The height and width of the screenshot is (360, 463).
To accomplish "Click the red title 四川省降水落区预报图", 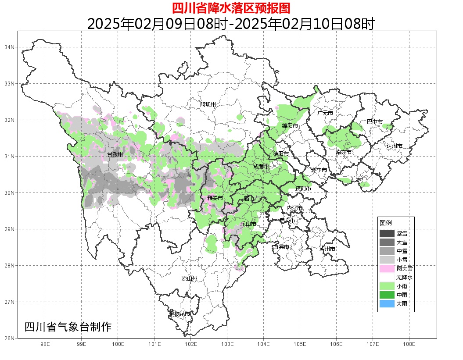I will point(231,8).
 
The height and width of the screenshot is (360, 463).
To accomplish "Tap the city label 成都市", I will point(262,167).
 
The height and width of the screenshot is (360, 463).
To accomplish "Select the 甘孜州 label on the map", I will point(115,154).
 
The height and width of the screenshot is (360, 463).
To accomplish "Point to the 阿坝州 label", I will point(208,104).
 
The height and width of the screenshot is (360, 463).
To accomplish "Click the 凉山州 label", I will point(190,279).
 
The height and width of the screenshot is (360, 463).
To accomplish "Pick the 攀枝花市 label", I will point(180,314).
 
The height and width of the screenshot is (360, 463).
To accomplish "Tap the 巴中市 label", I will point(375,121).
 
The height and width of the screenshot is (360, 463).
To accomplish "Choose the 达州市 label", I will point(395,146).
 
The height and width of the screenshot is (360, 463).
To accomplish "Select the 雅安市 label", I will point(215,198).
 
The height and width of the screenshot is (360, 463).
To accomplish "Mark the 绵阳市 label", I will point(290,126).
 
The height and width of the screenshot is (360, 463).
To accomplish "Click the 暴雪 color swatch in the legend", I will point(387,234).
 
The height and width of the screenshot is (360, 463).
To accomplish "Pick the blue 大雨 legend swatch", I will point(387,303).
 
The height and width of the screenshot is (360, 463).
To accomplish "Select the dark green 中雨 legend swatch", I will point(387,295).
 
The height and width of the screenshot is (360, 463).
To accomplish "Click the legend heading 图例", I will point(386,223).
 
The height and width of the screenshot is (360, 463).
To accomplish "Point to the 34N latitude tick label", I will point(10,47).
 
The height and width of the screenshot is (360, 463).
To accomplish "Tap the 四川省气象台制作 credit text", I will point(68,327).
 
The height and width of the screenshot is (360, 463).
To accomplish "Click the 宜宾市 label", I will point(281,247).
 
